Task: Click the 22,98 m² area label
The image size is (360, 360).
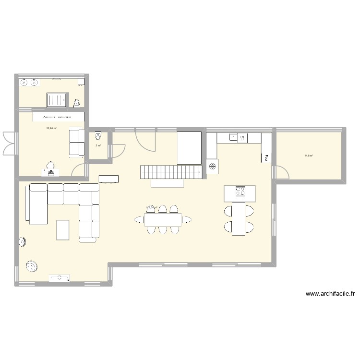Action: [x=51, y=128]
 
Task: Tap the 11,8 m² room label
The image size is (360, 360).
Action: [x=309, y=155]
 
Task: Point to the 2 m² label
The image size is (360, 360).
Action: [x=98, y=145]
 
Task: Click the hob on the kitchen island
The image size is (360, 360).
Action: [x=239, y=192]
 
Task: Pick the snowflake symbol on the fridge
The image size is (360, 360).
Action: [x=211, y=167]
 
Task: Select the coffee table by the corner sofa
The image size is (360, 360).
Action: [x=62, y=229]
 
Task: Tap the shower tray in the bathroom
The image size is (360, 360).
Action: [x=56, y=100]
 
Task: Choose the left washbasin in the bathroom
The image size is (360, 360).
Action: [x=24, y=83]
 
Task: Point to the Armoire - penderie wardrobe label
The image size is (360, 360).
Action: [x=58, y=117]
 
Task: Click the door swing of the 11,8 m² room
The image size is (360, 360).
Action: [x=282, y=171]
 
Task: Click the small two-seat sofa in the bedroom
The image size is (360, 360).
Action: [x=76, y=142]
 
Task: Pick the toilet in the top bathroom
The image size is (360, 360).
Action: [x=77, y=102]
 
